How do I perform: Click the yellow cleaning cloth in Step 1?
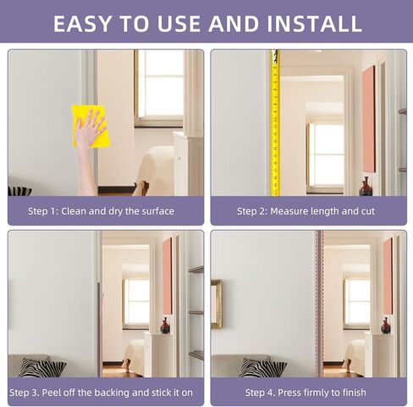click(91, 125)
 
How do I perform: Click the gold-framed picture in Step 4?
click(217, 303)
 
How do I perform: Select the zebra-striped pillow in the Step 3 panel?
click(42, 367)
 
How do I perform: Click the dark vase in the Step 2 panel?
click(366, 187)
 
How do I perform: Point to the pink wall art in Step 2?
click(368, 119)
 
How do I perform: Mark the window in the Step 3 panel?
click(137, 301)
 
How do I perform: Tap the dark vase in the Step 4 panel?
click(386, 326)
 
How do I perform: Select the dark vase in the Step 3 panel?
click(165, 326)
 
